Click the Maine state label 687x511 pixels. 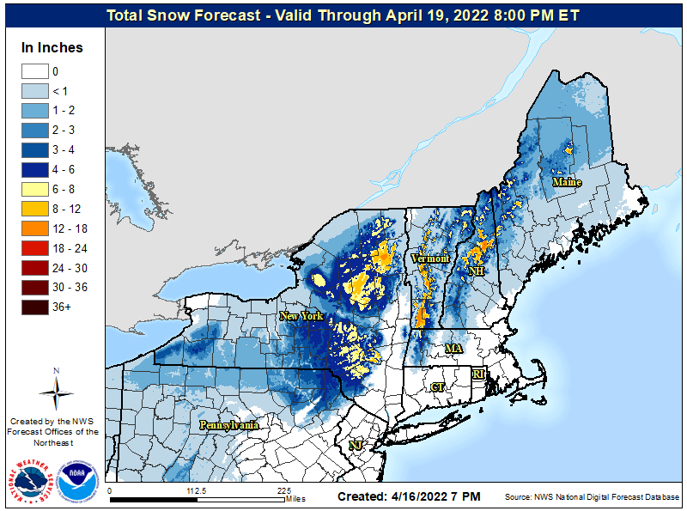click(x=567, y=182)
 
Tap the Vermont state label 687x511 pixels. click(x=429, y=259)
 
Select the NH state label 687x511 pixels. click(x=474, y=271)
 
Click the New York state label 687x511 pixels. click(x=301, y=316)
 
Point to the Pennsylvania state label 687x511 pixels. click(x=229, y=425)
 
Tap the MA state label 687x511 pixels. click(x=453, y=349)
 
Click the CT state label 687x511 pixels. click(x=437, y=387)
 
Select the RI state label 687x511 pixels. click(x=480, y=374)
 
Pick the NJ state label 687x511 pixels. click(x=354, y=445)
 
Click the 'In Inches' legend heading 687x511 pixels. click(x=52, y=48)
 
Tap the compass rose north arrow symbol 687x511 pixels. click(x=56, y=392)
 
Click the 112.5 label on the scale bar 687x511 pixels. click(x=197, y=490)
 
